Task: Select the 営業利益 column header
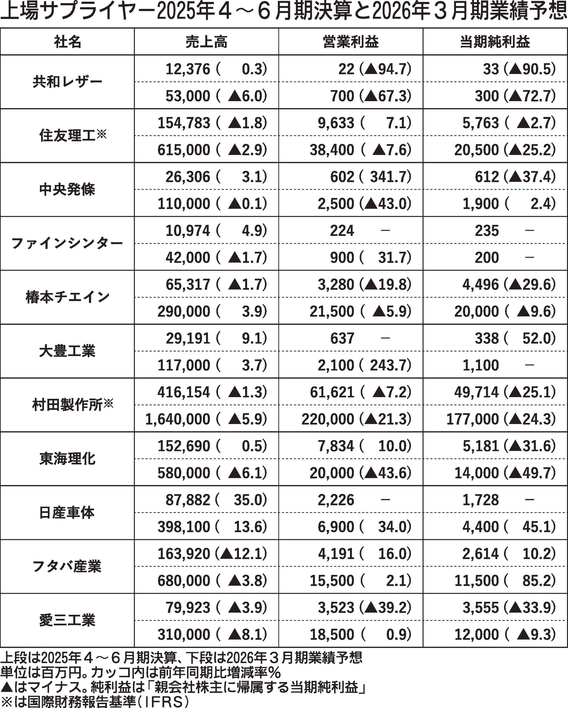click(x=351, y=42)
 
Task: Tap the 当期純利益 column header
click(x=495, y=42)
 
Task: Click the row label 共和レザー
click(x=67, y=82)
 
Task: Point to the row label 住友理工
click(x=67, y=136)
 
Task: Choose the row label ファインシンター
click(x=67, y=243)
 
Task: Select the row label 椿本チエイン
click(x=67, y=297)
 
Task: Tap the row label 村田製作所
click(x=67, y=405)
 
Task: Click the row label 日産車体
click(x=67, y=513)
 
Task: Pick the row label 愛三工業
click(x=67, y=620)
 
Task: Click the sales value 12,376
click(x=188, y=69)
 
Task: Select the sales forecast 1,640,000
click(x=177, y=419)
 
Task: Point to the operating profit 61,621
click(x=332, y=392)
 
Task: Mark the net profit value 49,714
click(x=476, y=392)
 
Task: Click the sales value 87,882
click(x=188, y=500)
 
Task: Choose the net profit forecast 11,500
click(x=476, y=581)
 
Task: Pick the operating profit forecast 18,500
click(x=332, y=634)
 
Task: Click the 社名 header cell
click(x=67, y=42)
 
